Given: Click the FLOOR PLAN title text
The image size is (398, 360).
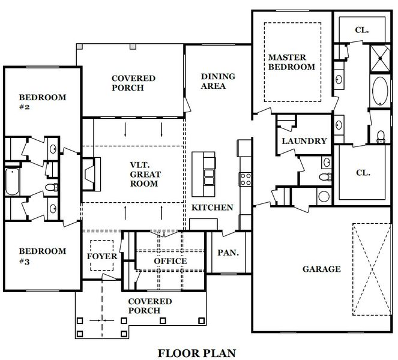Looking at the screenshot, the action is point(197,353).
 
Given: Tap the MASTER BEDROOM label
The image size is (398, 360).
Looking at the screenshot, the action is point(291,62).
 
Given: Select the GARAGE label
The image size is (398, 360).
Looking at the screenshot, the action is point(322,269).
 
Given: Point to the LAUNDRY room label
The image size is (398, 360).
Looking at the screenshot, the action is point(304,141).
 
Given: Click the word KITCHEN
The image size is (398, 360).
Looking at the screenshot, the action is point(212,208).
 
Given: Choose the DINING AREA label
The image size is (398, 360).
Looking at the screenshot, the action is point(218,81).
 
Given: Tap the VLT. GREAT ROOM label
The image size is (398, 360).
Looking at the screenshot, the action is point(145,174).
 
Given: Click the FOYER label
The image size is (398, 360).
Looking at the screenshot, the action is point(102,256).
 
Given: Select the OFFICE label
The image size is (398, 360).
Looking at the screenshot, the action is point(170,261).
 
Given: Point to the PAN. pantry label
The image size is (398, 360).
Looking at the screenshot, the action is point(228,253).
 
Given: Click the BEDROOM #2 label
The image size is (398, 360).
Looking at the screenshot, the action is point(43,102).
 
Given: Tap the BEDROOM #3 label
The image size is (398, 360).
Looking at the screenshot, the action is point(43,256).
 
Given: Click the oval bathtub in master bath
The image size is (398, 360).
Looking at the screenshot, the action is point(380,91).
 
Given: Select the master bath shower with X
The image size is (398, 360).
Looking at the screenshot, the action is point(380,58).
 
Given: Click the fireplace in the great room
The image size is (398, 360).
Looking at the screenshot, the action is point(91,174).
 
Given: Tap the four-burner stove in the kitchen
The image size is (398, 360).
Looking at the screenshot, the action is point(246,179).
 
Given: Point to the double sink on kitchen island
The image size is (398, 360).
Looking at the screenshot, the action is point(209,177).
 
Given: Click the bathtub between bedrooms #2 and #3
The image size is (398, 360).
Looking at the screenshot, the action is point(12,182).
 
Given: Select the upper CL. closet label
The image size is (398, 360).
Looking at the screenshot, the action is point(362,30).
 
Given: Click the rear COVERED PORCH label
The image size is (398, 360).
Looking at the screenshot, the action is point(133,83).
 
